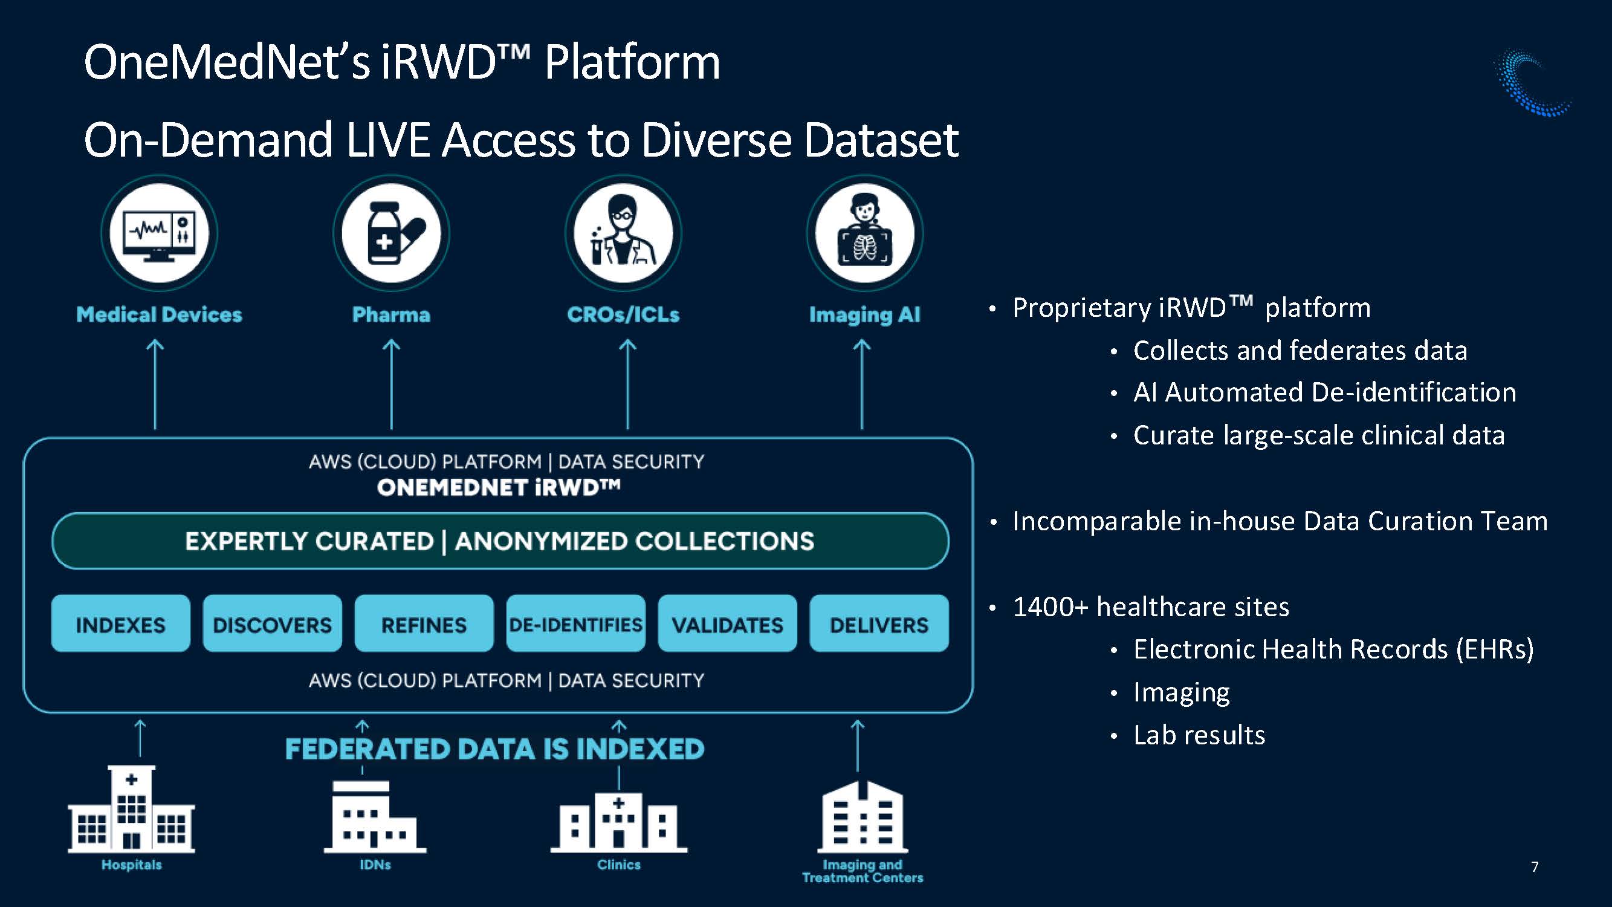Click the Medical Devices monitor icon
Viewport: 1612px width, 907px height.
point(159,233)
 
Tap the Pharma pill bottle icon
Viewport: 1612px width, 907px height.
point(391,233)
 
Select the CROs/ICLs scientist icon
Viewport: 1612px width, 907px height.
point(623,233)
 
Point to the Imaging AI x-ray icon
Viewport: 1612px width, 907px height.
point(864,233)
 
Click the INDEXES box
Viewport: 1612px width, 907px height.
point(121,623)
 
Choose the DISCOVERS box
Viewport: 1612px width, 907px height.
point(272,623)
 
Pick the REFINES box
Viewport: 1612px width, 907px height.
point(424,623)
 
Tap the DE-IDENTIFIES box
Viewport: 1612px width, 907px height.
point(575,623)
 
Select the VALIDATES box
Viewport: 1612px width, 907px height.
point(727,623)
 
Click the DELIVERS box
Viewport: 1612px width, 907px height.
point(879,623)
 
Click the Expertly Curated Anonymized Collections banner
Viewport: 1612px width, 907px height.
point(500,541)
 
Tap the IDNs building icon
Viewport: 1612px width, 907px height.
point(375,816)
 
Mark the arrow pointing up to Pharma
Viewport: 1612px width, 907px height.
point(392,385)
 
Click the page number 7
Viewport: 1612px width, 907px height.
point(1535,866)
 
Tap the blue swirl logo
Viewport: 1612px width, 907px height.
point(1531,83)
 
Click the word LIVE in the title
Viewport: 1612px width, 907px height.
point(388,140)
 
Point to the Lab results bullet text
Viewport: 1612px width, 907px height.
point(1199,735)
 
